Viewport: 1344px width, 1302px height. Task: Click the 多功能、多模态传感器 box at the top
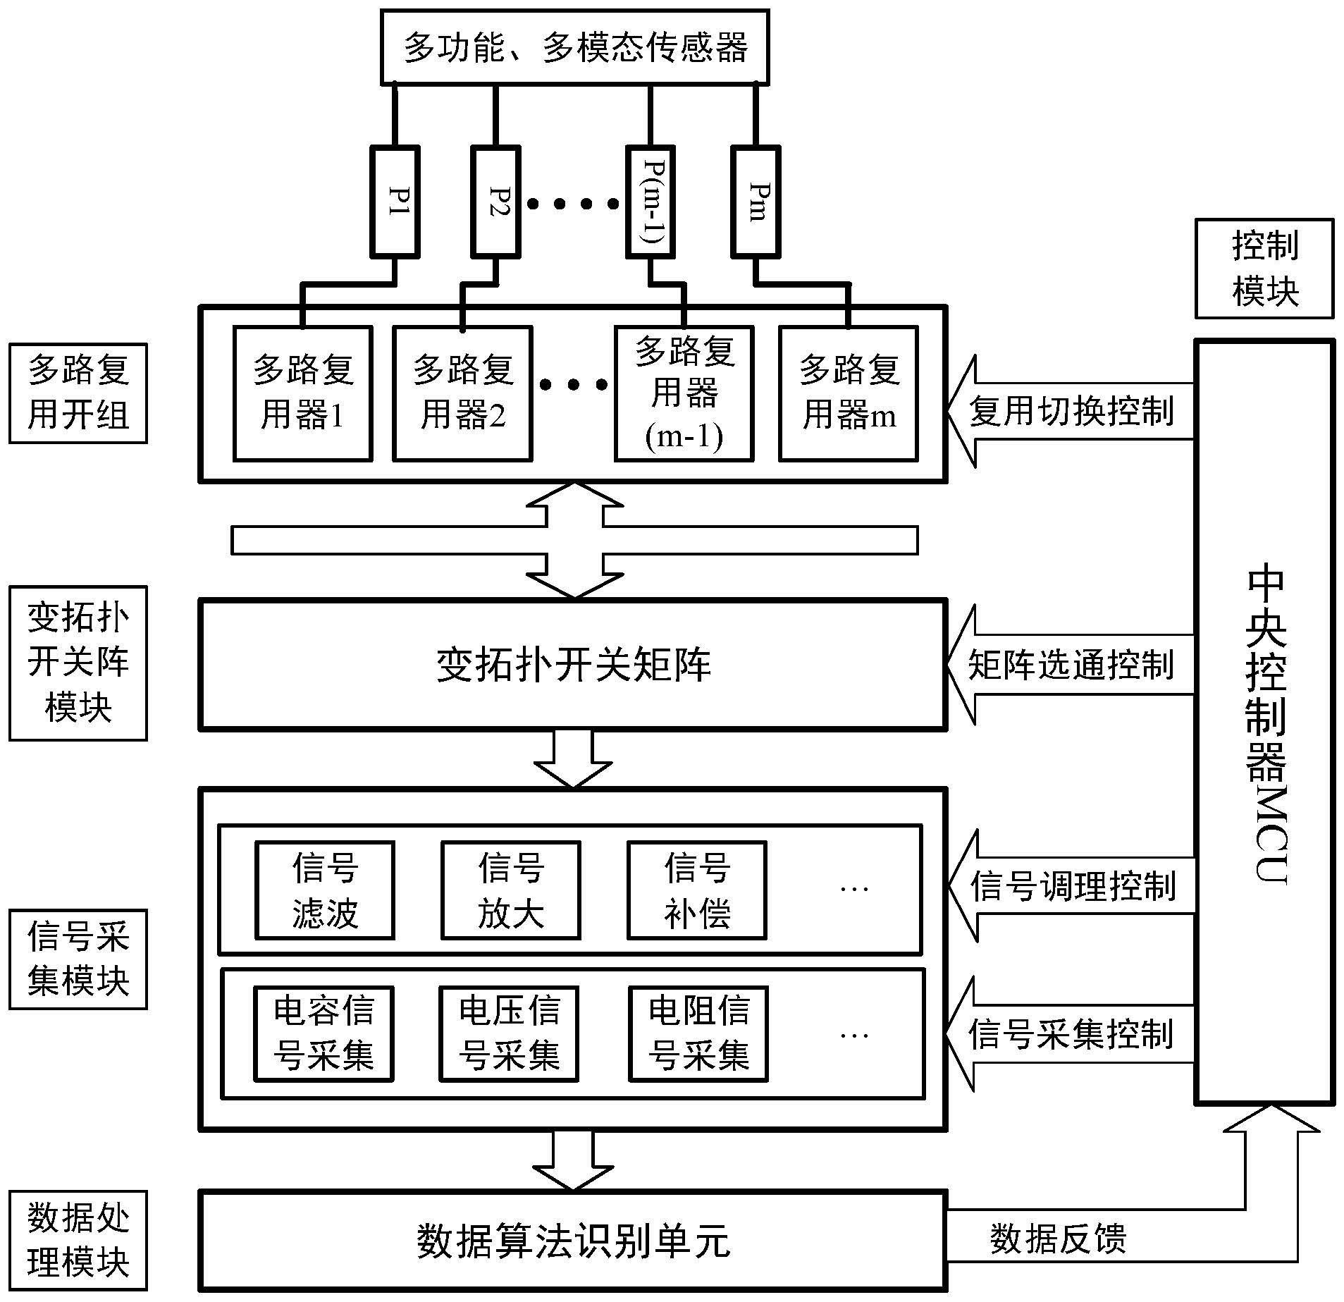click(x=574, y=47)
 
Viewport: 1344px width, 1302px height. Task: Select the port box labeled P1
click(x=395, y=202)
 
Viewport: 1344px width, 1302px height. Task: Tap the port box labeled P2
click(x=495, y=202)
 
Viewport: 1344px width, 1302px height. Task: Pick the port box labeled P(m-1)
click(x=651, y=202)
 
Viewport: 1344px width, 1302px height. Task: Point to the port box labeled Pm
click(x=756, y=202)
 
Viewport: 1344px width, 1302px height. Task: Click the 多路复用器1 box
click(x=302, y=393)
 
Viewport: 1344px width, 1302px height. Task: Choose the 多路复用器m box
click(x=848, y=393)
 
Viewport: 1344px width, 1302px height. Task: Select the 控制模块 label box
click(x=1264, y=269)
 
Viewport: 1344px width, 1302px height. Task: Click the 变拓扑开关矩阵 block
click(x=572, y=664)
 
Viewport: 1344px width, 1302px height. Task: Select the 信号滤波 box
click(x=324, y=890)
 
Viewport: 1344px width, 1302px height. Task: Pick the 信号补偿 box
click(x=696, y=890)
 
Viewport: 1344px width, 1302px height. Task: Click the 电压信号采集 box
click(x=508, y=1033)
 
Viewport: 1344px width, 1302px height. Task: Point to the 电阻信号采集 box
click(x=698, y=1033)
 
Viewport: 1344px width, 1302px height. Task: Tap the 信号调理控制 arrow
click(x=1071, y=886)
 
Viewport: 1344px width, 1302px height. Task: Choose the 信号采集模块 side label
click(x=78, y=959)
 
